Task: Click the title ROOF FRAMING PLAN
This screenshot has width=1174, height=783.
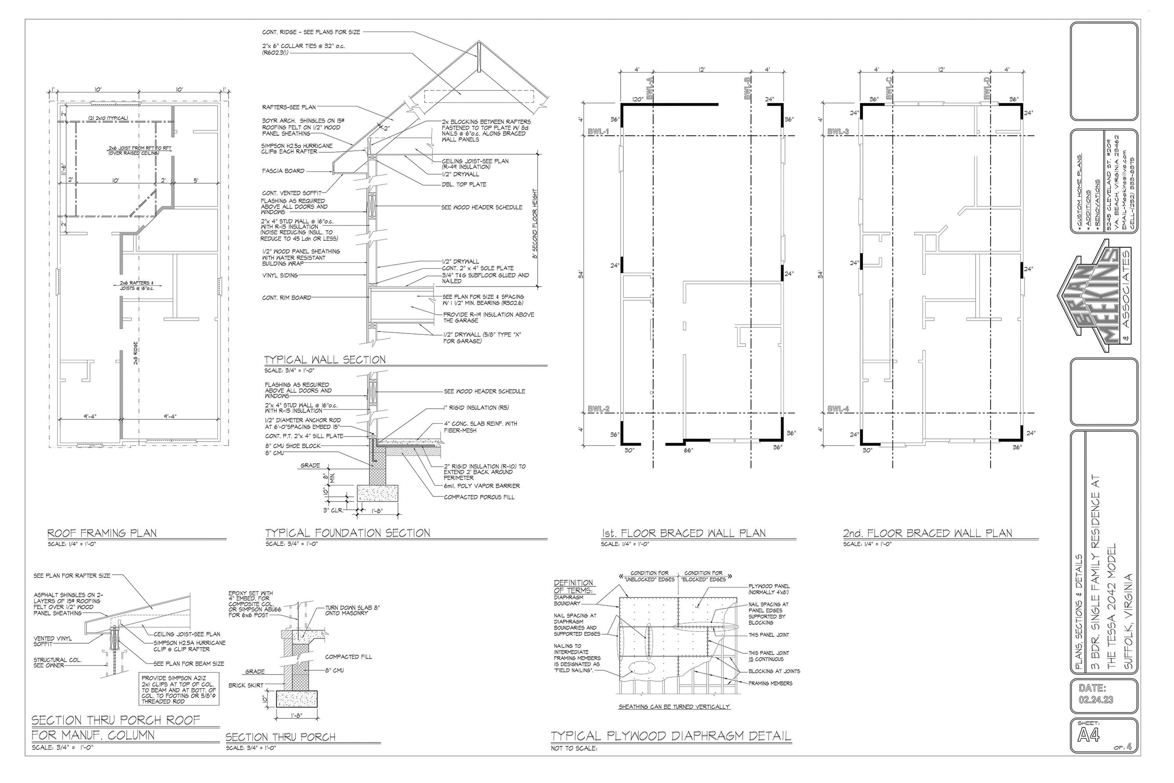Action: pyautogui.click(x=102, y=533)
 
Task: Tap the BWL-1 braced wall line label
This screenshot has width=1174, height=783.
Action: pyautogui.click(x=598, y=132)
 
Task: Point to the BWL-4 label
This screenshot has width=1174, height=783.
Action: pyautogui.click(x=838, y=409)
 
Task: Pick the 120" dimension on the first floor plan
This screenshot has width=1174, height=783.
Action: pyautogui.click(x=637, y=99)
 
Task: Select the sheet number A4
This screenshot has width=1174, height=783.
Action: pyautogui.click(x=1089, y=735)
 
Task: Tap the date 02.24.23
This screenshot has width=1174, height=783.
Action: pyautogui.click(x=1096, y=700)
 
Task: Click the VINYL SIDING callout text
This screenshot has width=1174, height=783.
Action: pyautogui.click(x=280, y=275)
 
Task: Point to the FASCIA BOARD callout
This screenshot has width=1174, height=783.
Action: pyautogui.click(x=283, y=171)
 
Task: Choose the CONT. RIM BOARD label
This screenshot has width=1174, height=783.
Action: pyautogui.click(x=286, y=298)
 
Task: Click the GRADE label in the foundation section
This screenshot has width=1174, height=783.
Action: pyautogui.click(x=310, y=465)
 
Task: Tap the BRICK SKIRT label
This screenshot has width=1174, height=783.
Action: pyautogui.click(x=246, y=685)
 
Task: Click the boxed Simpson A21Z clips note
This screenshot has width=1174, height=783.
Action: pyautogui.click(x=179, y=689)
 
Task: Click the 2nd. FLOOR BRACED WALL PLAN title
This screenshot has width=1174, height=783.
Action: pyautogui.click(x=927, y=533)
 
